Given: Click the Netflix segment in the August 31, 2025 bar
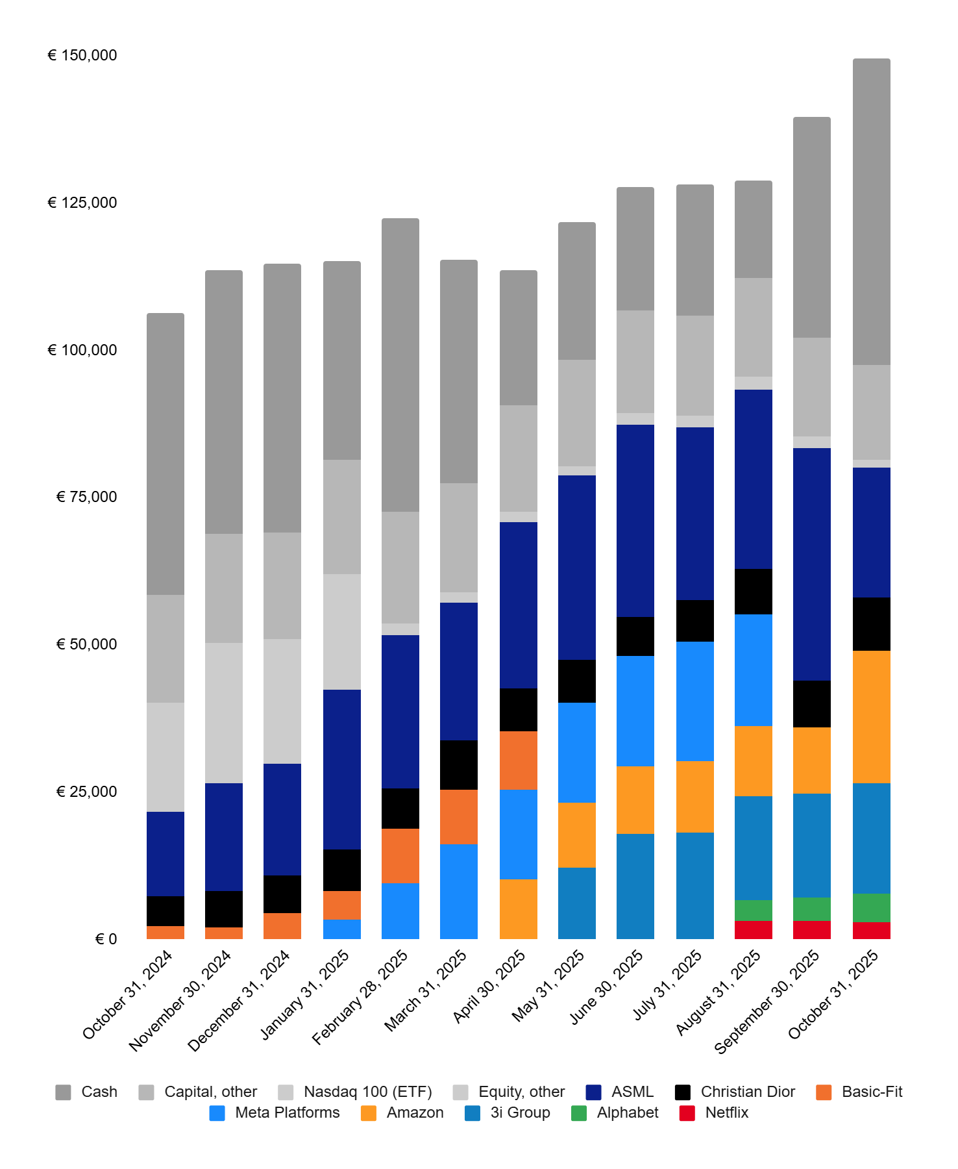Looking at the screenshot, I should [753, 929].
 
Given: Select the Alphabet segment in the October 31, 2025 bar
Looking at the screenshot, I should [871, 907].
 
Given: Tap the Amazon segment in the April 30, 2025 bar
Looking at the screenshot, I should [518, 909].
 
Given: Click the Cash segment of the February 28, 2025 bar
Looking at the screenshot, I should [400, 365].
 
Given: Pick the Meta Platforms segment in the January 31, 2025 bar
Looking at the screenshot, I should [341, 929].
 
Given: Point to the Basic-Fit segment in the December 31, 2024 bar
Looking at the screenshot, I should [282, 925].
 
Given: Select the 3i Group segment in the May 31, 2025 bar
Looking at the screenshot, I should [576, 903].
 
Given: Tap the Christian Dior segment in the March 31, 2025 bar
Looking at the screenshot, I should [458, 764].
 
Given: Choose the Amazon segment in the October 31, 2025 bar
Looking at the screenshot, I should [871, 716].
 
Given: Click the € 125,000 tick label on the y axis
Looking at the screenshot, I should [82, 203].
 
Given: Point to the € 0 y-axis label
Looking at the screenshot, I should [106, 939].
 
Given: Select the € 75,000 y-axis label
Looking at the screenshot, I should [86, 497].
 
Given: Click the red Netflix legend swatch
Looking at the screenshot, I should [687, 1112].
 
